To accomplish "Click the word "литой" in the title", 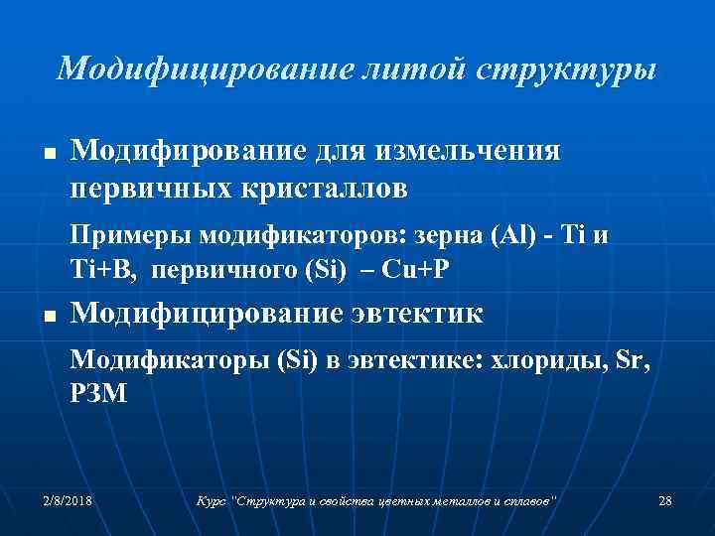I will point(416,68).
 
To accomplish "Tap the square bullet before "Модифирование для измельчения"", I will point(48,157).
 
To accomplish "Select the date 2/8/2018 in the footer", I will point(68,501).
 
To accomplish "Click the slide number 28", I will point(664,501).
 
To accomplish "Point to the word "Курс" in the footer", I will point(211,501).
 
